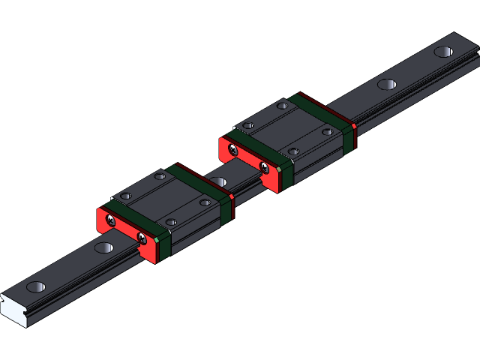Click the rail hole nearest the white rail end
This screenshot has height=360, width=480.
click(x=36, y=286)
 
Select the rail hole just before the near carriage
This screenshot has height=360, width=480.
click(x=104, y=247)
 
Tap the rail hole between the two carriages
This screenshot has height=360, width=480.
click(x=218, y=181)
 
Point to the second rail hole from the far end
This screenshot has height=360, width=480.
click(x=387, y=84)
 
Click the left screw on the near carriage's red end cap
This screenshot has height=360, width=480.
click(x=111, y=220)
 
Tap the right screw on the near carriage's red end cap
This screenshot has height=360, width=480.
click(x=142, y=238)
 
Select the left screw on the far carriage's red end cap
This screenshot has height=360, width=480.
click(x=233, y=150)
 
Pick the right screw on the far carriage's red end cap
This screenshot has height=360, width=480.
click(x=264, y=168)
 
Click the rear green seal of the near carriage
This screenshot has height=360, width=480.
click(x=202, y=187)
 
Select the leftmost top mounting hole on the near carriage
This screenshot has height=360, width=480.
click(x=125, y=196)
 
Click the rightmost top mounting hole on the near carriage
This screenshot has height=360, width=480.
click(x=205, y=202)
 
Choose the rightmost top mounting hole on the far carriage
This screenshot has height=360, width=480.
click(x=327, y=132)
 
